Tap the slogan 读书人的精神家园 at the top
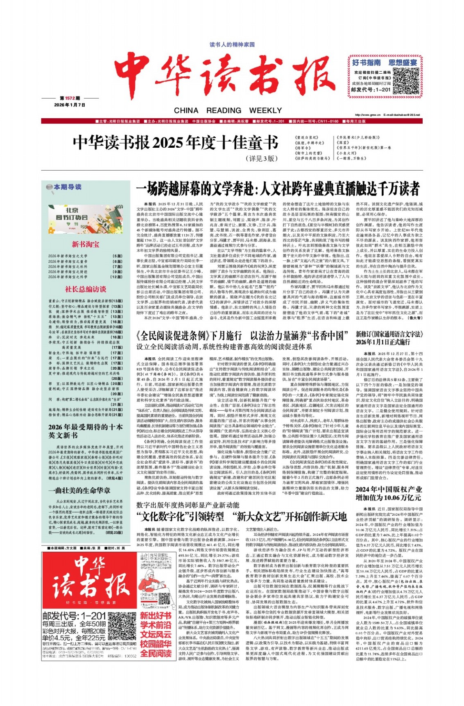pos(232,45)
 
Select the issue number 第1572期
pos(70,98)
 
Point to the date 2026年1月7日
pos(70,105)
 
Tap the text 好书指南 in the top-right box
pos(366,63)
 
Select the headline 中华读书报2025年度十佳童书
pos(175,143)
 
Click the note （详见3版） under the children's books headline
pos(262,158)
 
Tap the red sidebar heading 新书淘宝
pos(85,244)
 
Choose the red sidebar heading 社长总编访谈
pos(85,289)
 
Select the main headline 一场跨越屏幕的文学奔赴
pos(278,189)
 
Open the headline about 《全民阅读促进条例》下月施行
pos(242,336)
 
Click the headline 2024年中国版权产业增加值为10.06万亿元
pos(388,493)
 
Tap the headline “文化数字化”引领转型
pos(180,517)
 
